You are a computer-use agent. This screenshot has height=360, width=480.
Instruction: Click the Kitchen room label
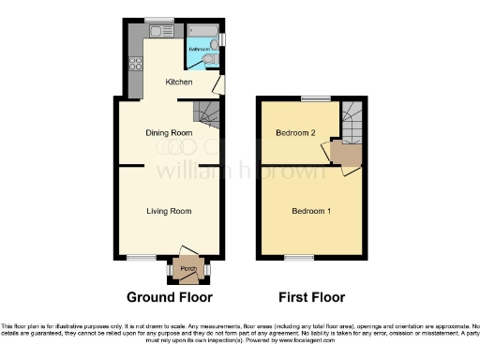pyautogui.click(x=179, y=82)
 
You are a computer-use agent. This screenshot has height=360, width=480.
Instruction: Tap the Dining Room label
pyautogui.click(x=170, y=133)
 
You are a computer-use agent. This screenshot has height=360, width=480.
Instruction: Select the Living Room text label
pyautogui.click(x=170, y=210)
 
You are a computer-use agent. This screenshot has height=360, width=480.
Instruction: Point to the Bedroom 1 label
pyautogui.click(x=311, y=211)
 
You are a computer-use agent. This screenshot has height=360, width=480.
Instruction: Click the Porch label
pyautogui.click(x=188, y=270)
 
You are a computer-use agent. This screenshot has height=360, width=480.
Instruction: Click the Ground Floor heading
pyautogui.click(x=170, y=297)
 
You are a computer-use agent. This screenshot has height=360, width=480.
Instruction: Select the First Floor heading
pyautogui.click(x=311, y=297)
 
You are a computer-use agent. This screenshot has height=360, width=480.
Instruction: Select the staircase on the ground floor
pyautogui.click(x=208, y=115)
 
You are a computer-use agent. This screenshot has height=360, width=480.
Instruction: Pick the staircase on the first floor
pyautogui.click(x=352, y=118)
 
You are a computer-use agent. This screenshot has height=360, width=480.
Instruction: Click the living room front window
pyautogui.click(x=142, y=258)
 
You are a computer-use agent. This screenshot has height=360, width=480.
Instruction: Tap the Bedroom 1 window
pyautogui.click(x=299, y=258)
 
